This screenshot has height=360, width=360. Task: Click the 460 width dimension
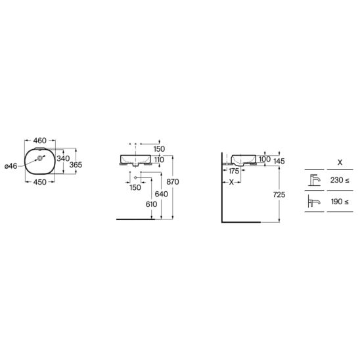click(x=39, y=141)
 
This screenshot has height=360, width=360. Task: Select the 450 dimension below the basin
click(x=39, y=182)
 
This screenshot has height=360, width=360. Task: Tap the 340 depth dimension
click(x=63, y=158)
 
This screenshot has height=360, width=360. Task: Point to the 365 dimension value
click(x=76, y=165)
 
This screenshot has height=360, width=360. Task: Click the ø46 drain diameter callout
click(x=11, y=166)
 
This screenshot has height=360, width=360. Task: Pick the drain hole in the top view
click(x=40, y=158)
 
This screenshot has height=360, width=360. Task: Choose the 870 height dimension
click(x=173, y=182)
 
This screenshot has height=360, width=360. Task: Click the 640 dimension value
click(x=161, y=194)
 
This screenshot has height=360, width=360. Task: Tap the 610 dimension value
click(x=151, y=204)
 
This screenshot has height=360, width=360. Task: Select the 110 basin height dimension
click(x=159, y=160)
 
